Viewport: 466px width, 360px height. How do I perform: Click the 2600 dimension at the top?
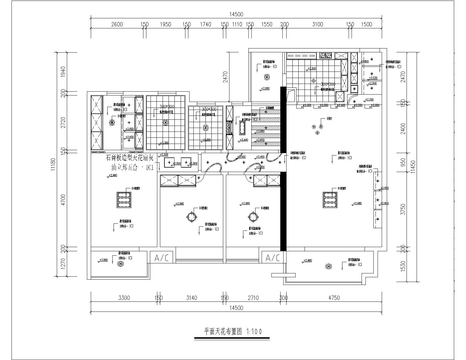click(x=117, y=25)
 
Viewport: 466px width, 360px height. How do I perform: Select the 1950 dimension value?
click(x=165, y=25)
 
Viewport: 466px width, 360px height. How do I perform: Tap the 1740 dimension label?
click(x=206, y=25)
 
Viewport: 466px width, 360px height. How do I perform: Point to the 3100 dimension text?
click(x=318, y=25)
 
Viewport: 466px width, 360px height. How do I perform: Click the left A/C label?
click(x=161, y=258)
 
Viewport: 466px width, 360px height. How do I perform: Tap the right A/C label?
click(x=273, y=258)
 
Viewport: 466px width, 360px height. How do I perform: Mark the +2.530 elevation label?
click(x=373, y=78)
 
